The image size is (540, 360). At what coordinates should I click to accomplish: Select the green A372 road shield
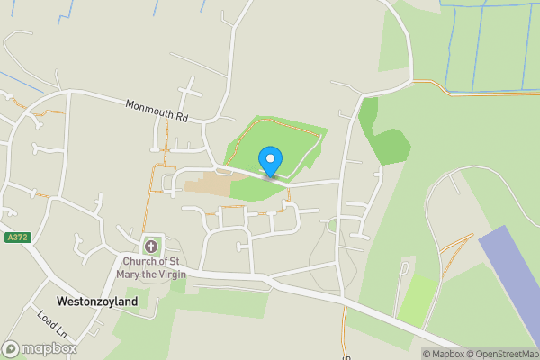click(15, 238)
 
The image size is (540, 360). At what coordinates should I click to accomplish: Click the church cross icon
click(151, 246)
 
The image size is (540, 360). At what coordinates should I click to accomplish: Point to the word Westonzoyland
click(97, 301)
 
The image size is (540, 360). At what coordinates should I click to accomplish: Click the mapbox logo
click(40, 348)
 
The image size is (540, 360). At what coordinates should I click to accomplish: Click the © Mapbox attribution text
click(445, 354)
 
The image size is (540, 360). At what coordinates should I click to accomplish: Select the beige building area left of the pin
click(209, 184)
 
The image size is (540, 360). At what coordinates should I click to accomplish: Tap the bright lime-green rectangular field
click(418, 301)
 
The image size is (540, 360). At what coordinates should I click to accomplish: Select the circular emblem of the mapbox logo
click(12, 348)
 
